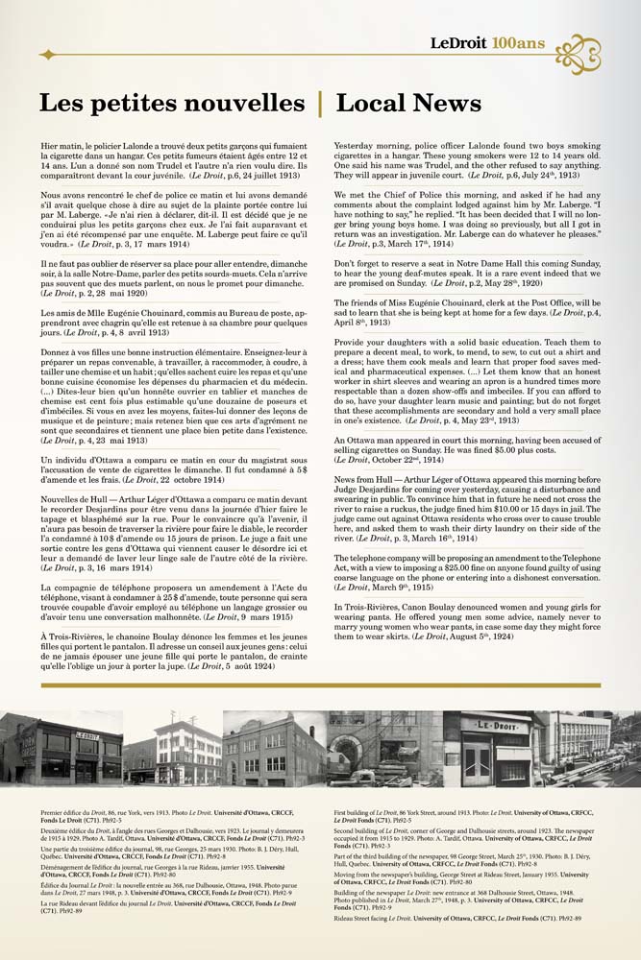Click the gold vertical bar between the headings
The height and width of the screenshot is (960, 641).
coord(320,103)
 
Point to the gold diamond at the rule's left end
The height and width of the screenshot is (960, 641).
coord(47,55)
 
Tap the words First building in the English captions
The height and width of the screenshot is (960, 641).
coord(356,812)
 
